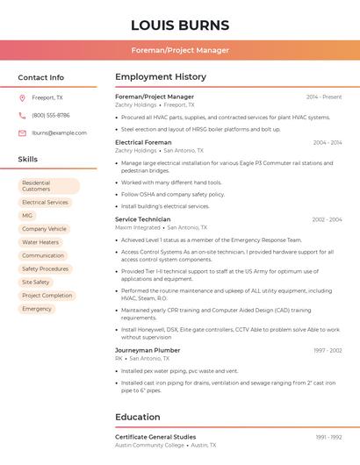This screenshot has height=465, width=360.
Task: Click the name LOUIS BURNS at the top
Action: (180, 25)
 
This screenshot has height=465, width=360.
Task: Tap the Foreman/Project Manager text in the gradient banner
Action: (180, 50)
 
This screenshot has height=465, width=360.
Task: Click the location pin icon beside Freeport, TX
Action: (22, 97)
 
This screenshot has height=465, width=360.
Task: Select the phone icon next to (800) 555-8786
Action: (22, 115)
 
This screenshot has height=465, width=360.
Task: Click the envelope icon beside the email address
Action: (22, 133)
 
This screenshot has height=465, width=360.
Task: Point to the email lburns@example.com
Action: (60, 133)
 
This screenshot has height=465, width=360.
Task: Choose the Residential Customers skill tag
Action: (48, 186)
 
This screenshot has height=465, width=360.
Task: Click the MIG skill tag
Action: (27, 215)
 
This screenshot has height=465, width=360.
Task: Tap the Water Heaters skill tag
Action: (40, 242)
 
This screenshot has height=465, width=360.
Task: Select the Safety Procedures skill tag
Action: (45, 268)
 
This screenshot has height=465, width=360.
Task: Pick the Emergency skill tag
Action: (37, 309)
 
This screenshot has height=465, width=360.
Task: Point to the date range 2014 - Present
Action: (324, 97)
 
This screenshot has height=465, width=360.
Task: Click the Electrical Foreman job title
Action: (143, 142)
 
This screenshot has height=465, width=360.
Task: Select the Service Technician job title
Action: (143, 219)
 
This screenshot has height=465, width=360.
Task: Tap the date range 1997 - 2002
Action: (327, 350)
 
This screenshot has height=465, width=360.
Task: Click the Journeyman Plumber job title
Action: (148, 350)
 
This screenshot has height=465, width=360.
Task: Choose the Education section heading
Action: (137, 417)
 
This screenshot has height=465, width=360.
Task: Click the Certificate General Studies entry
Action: (155, 437)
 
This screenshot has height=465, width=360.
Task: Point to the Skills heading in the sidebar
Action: (28, 160)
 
